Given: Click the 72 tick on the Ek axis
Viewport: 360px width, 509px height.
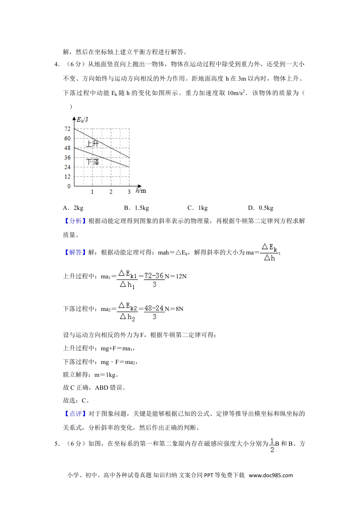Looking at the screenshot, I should (x=67, y=129).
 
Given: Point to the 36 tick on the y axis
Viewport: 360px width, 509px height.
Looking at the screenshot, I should (x=67, y=158).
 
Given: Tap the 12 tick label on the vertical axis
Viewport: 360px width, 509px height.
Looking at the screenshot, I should (x=67, y=176).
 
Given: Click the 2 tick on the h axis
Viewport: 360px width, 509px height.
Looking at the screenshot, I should (x=111, y=192).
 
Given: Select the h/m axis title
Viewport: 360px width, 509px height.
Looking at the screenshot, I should (x=141, y=191).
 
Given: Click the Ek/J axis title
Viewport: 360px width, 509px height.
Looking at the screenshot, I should (x=83, y=120).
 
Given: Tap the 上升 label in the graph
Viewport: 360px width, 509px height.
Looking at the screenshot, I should (x=92, y=144).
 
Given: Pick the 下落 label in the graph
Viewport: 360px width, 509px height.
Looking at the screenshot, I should (x=92, y=162).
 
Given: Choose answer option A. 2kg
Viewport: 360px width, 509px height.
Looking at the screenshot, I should (x=73, y=208).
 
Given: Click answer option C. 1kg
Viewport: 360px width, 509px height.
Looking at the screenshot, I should (x=197, y=208).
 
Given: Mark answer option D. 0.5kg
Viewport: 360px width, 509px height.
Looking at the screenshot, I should (x=261, y=208).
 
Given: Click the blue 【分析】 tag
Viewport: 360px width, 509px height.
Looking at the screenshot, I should (x=75, y=221).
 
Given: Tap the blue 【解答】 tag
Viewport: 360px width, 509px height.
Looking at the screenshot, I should (x=75, y=253).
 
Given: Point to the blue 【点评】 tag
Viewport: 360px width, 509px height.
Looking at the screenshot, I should (x=75, y=414).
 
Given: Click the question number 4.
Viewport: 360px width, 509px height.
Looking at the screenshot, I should (x=57, y=64).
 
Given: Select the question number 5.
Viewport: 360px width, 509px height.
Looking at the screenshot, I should (x=57, y=444).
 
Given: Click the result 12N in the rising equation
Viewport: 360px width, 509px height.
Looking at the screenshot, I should (x=178, y=276).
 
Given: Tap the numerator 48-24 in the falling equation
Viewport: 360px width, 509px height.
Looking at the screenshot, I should (x=154, y=308).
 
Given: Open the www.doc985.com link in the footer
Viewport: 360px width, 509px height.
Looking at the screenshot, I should (x=271, y=475).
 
